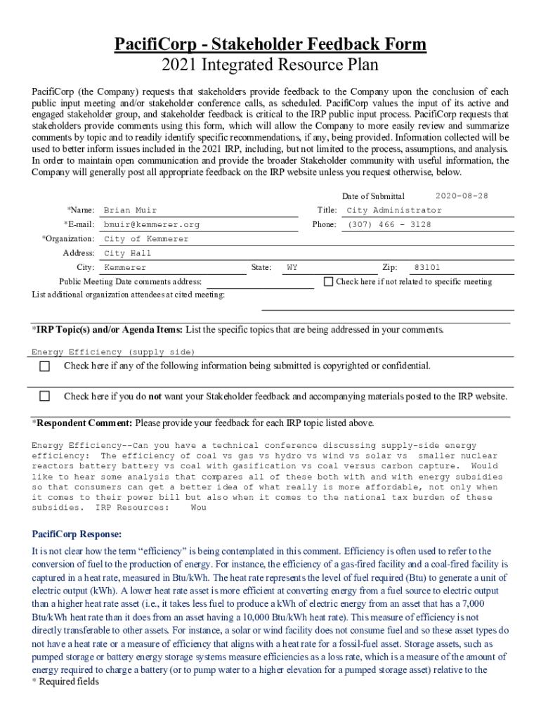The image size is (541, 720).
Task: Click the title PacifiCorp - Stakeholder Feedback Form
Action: pos(270,45)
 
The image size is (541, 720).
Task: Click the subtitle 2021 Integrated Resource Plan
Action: pos(270,65)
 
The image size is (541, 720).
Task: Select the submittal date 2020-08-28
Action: pos(462,195)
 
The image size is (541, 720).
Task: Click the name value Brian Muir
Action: pos(130,210)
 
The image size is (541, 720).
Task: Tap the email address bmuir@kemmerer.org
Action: pos(151,224)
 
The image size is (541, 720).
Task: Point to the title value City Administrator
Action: pos(394,210)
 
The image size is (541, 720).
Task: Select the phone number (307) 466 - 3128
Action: pos(389,224)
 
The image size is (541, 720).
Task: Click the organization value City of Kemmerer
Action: pos(146,239)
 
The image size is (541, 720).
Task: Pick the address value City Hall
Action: pos(127,253)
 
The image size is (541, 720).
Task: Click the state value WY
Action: pos(292,268)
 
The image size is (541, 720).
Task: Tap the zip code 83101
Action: pos(427,268)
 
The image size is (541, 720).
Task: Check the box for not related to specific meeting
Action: pos(328,281)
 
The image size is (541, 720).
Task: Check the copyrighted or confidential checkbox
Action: pos(45,366)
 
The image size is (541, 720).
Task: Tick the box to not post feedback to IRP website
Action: pos(45,396)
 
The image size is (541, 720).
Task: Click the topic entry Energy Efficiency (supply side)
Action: pos(113,352)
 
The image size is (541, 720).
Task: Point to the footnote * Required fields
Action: pos(65,681)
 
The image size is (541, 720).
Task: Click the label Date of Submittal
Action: pos(373,196)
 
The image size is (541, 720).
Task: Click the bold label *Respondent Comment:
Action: pos(82,423)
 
